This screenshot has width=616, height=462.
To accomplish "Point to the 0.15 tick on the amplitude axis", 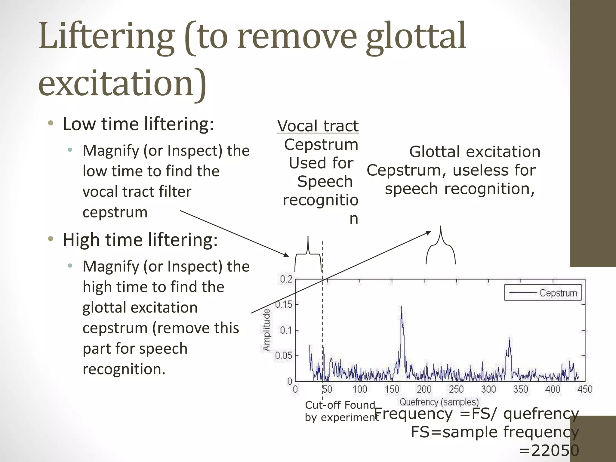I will point(283,304).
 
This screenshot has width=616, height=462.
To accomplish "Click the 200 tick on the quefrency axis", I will point(424,389).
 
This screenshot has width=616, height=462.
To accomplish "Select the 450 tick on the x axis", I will point(584,389).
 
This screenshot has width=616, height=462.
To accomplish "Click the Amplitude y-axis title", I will point(266,330).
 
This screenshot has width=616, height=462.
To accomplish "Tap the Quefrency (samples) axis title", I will point(439,402).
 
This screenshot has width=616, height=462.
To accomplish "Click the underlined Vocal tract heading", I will point(318,126).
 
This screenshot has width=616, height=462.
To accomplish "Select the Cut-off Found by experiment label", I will point(340,411).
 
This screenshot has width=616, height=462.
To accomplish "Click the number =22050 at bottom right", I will point(549,451).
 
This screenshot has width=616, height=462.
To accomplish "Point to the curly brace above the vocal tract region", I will point(308,254).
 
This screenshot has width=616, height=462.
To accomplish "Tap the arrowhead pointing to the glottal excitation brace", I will point(428,233).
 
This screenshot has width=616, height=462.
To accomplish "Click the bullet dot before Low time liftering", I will point(51,123).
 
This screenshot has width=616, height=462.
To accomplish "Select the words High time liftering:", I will point(140,240).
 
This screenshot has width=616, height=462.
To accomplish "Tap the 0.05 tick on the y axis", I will point(283,356).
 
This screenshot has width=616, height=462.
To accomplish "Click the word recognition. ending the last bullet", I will point(124,369).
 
